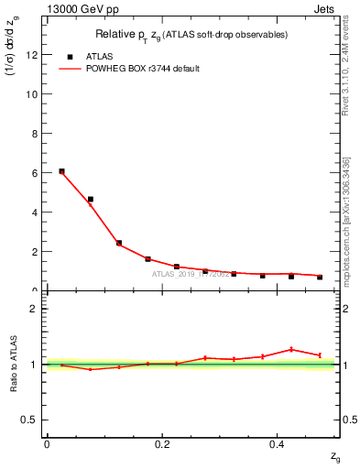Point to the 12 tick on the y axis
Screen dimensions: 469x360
pos(35,54)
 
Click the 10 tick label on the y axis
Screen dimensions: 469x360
pos(35,93)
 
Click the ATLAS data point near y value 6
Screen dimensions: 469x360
pos(61,171)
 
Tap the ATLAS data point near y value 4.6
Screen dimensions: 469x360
pos(90,199)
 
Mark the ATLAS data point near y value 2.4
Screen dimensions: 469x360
pos(119,243)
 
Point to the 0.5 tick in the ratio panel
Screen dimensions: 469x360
pos(34,420)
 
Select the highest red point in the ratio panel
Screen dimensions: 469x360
pos(291,349)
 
